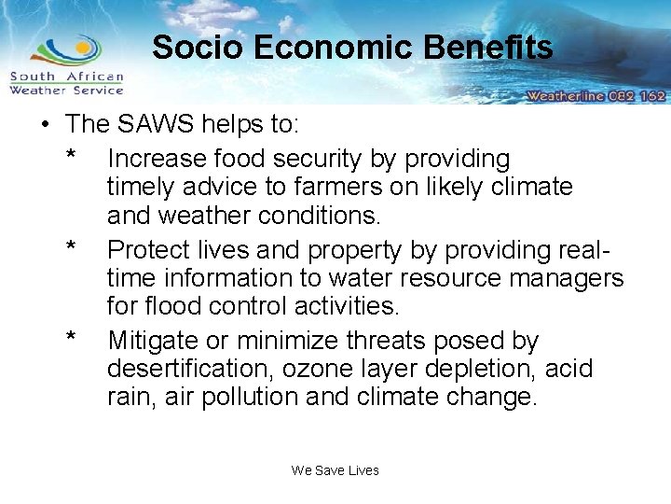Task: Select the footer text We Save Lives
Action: [335, 470]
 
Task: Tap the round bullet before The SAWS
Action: [44, 124]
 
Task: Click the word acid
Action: [569, 369]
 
